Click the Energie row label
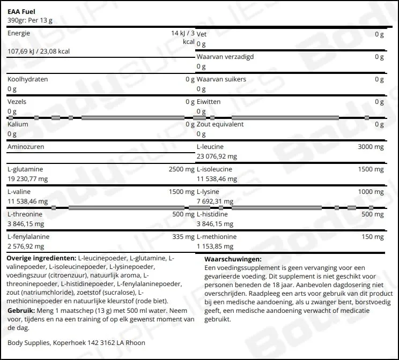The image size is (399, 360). click(19, 33)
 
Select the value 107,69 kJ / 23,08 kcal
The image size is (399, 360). click(39, 51)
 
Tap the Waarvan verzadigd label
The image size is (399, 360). click(225, 56)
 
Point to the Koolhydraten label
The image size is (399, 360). click(28, 79)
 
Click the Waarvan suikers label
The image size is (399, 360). click(221, 79)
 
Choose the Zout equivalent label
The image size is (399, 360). click(220, 124)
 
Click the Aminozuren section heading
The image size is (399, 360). click(26, 146)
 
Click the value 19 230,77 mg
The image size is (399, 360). click(28, 179)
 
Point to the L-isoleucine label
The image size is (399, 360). click(216, 169)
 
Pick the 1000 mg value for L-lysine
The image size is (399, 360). click(371, 192)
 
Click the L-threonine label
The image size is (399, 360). click(25, 214)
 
